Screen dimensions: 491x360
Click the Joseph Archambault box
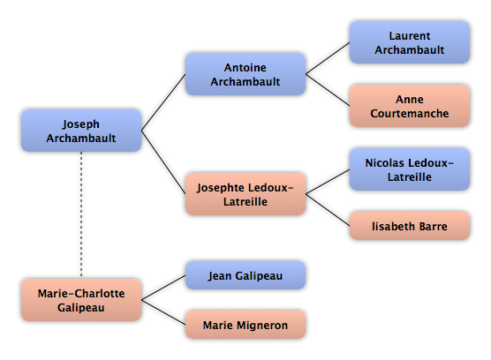pyautogui.click(x=81, y=131)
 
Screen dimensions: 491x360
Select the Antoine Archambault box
pyautogui.click(x=245, y=74)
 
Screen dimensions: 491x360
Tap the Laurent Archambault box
pyautogui.click(x=410, y=42)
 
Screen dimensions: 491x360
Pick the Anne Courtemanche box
pyautogui.click(x=410, y=106)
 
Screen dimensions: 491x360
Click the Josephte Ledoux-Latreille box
pyautogui.click(x=245, y=194)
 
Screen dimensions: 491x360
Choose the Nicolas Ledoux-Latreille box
pyautogui.click(x=410, y=169)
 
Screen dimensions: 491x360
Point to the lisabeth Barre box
pyautogui.click(x=410, y=226)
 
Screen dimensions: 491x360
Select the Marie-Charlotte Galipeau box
pyautogui.click(x=81, y=300)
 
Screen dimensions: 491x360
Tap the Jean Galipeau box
pyautogui.click(x=245, y=275)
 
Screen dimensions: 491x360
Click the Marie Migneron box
pyautogui.click(x=245, y=325)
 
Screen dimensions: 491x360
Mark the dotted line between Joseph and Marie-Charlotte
pyautogui.click(x=81, y=215)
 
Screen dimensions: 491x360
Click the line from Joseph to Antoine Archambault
pyautogui.click(x=163, y=102)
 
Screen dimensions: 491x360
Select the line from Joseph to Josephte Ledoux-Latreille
pyautogui.click(x=163, y=162)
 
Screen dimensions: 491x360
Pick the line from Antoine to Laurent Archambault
pyautogui.click(x=328, y=58)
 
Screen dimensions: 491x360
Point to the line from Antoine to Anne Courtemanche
pyautogui.click(x=328, y=90)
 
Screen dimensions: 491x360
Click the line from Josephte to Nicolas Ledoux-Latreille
pyautogui.click(x=328, y=182)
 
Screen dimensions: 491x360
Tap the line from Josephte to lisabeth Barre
pyautogui.click(x=328, y=210)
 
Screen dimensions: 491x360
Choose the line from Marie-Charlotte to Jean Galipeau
pyautogui.click(x=163, y=288)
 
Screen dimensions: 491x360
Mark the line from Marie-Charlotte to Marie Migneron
pyautogui.click(x=163, y=312)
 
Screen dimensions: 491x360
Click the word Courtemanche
pyautogui.click(x=410, y=113)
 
